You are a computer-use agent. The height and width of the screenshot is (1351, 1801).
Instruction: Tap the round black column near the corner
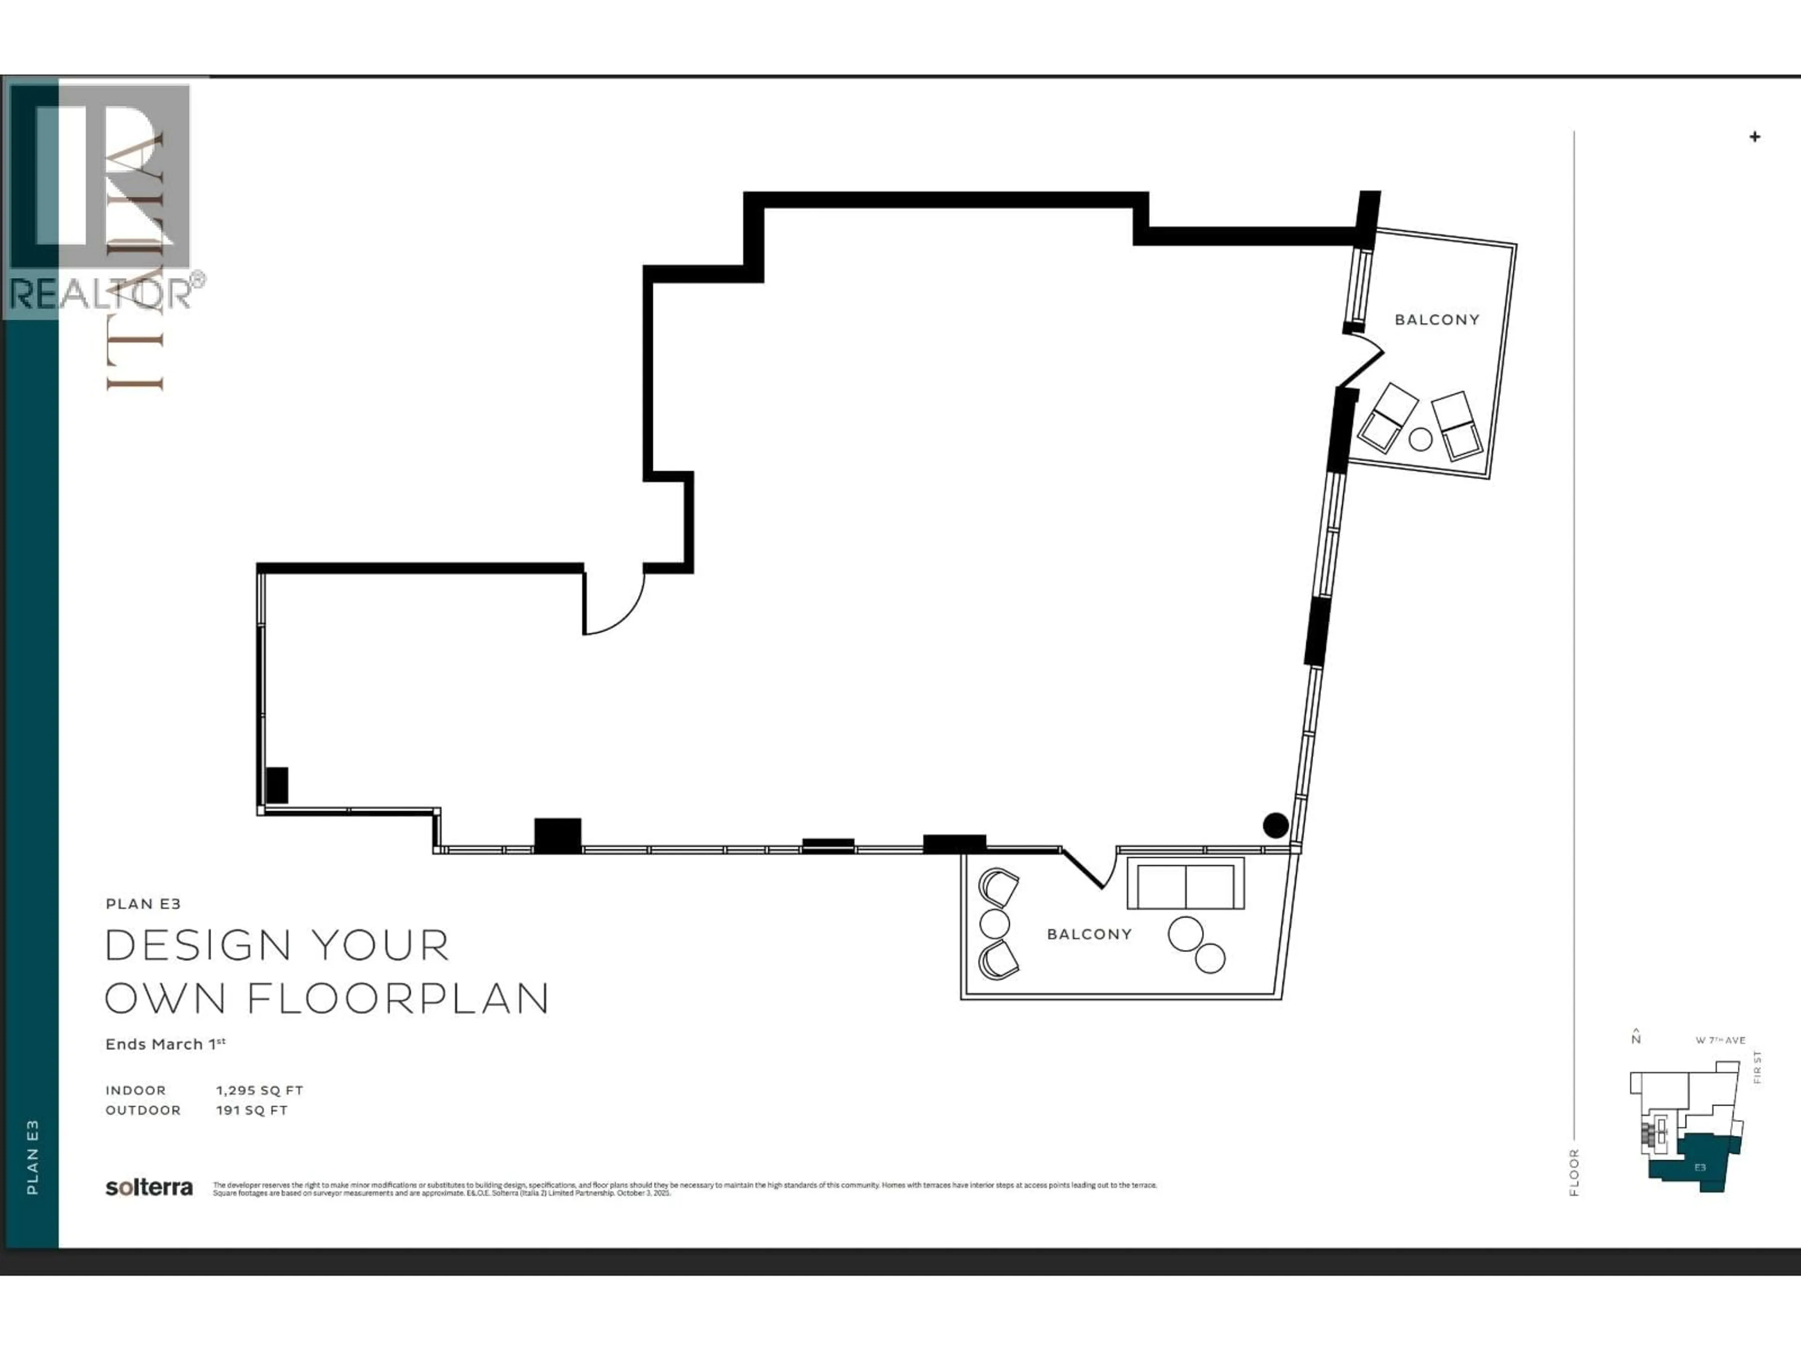[1275, 826]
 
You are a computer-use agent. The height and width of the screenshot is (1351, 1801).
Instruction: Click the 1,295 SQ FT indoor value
[259, 1090]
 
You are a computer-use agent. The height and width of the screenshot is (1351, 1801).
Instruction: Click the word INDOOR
[135, 1090]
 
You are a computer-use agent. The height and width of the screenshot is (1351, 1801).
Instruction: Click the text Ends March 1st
[165, 1044]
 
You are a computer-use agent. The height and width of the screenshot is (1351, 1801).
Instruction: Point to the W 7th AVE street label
[1720, 1041]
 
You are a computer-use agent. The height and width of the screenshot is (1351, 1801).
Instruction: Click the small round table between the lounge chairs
[1420, 440]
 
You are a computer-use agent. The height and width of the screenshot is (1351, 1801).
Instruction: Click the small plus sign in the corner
[1755, 137]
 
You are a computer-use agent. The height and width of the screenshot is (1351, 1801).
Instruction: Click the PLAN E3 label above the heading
[143, 904]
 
